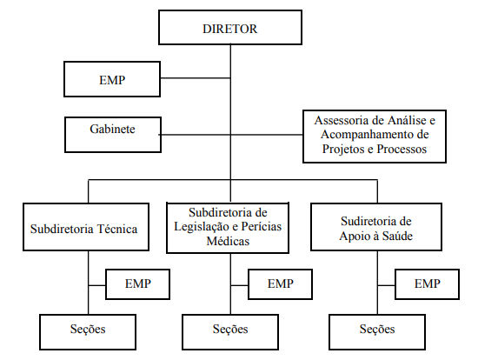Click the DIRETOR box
[230, 28]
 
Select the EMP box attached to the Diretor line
[112, 79]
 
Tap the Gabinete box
[113, 135]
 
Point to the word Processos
[402, 150]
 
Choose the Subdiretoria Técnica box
[86, 227]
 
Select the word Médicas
[228, 241]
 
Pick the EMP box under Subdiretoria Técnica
[138, 284]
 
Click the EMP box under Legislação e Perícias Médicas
[280, 284]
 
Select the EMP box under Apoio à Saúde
[427, 284]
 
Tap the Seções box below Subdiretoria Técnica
[88, 332]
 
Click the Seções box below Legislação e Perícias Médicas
[230, 332]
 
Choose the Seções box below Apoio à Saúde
[377, 332]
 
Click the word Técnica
[117, 229]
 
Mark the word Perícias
[262, 227]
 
